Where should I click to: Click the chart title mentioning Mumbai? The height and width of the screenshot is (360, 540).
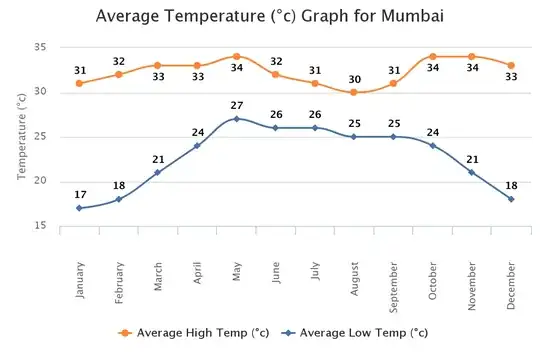pyautogui.click(x=270, y=17)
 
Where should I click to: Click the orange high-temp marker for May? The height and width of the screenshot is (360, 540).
pyautogui.click(x=236, y=56)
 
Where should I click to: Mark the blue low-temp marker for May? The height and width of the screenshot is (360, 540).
pyautogui.click(x=236, y=119)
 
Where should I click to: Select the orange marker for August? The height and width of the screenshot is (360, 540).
pyautogui.click(x=354, y=92)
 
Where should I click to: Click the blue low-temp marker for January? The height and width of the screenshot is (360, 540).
pyautogui.click(x=79, y=208)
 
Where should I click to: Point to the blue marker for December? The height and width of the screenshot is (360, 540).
pyautogui.click(x=511, y=199)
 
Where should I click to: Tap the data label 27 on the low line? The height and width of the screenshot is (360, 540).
pyautogui.click(x=236, y=105)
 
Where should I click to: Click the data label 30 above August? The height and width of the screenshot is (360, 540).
pyautogui.click(x=354, y=78)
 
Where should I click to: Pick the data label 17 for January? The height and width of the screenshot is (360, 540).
pyautogui.click(x=79, y=194)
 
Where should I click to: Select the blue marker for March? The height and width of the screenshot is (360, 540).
pyautogui.click(x=158, y=172)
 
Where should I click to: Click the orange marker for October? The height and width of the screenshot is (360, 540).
pyautogui.click(x=432, y=56)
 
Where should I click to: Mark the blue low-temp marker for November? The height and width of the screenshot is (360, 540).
pyautogui.click(x=472, y=172)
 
